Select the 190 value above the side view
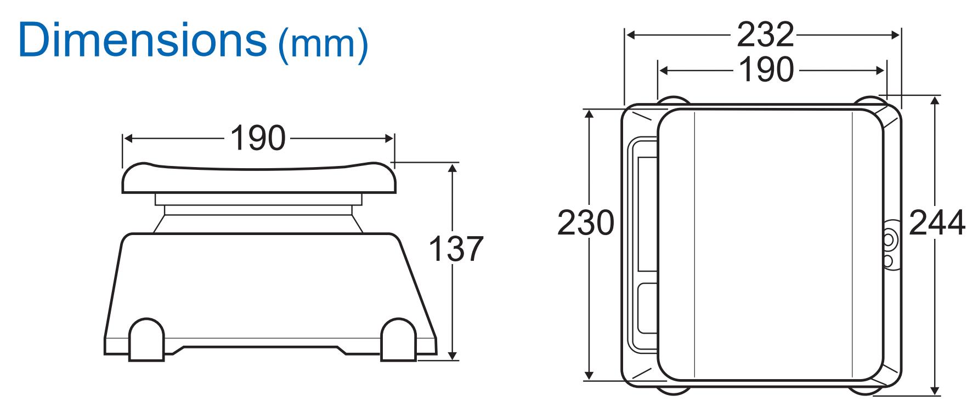(x=258, y=138)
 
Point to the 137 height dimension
(x=455, y=249)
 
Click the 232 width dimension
(x=765, y=35)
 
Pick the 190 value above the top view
(x=766, y=70)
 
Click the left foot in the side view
(x=146, y=340)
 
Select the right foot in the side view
(x=399, y=340)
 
